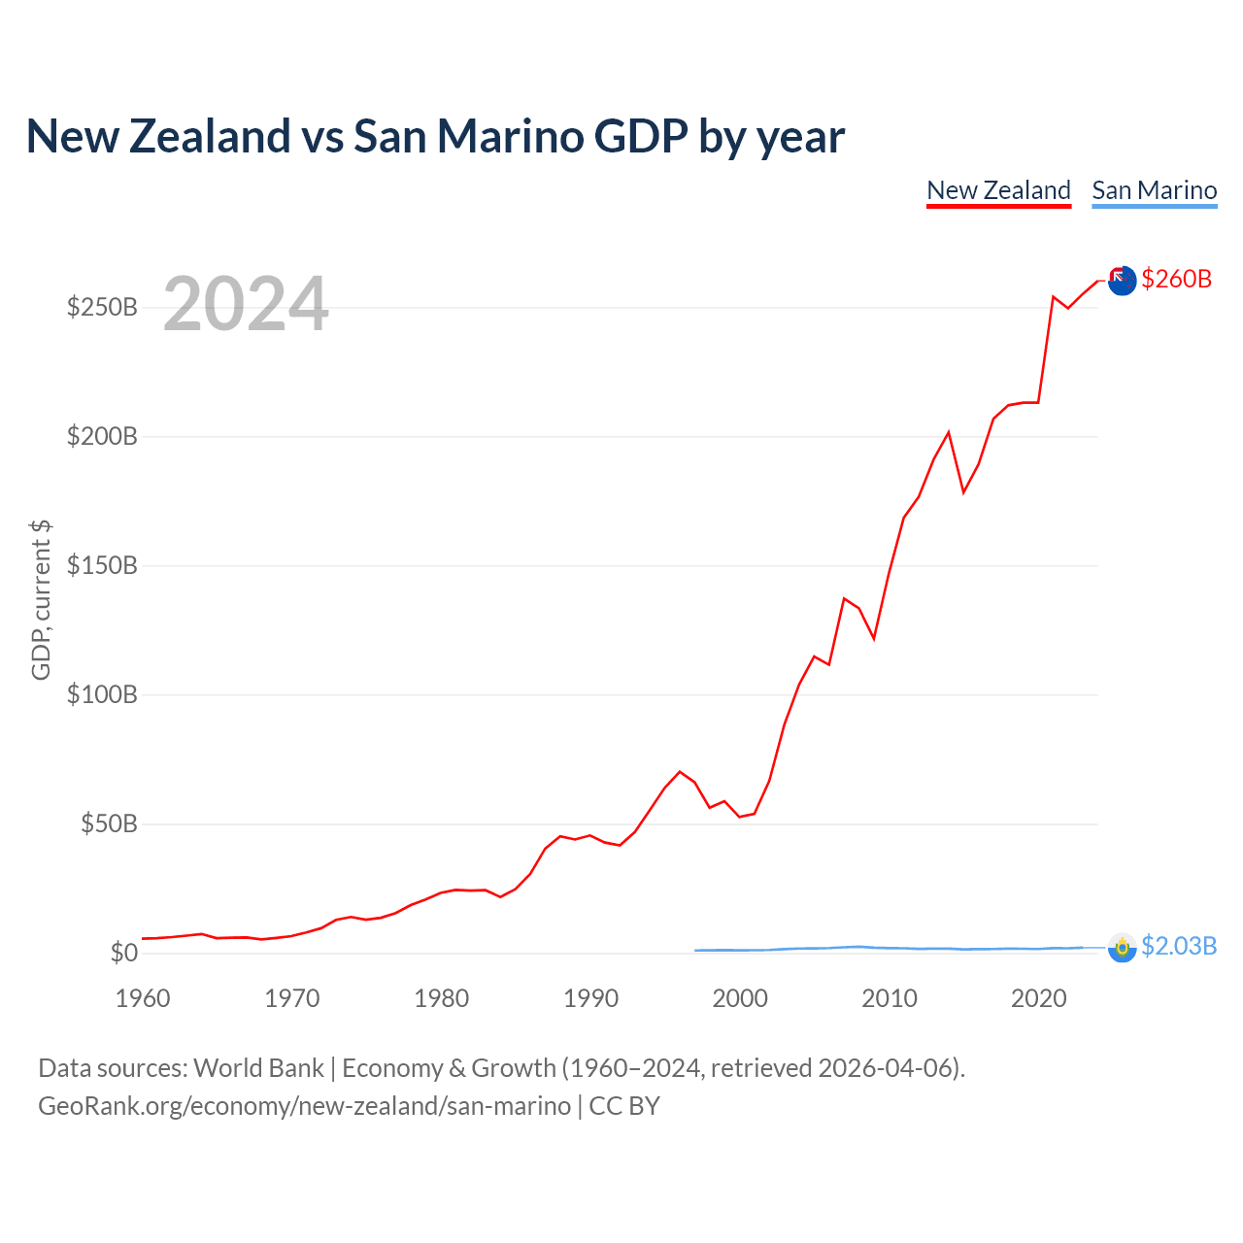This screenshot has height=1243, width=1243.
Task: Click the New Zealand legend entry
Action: click(998, 191)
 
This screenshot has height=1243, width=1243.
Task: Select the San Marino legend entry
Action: click(1154, 191)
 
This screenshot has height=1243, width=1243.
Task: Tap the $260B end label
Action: click(1176, 279)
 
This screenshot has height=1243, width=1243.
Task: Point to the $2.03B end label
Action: click(1179, 946)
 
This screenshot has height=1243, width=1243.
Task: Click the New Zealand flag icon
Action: click(1122, 281)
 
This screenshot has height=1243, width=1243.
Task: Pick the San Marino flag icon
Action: click(1122, 948)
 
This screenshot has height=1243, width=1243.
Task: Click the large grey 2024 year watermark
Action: click(246, 303)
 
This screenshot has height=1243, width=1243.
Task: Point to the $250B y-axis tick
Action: click(102, 307)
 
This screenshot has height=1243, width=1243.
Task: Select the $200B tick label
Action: click(102, 436)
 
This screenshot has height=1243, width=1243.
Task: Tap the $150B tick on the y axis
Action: click(102, 565)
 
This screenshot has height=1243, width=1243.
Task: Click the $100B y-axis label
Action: click(102, 694)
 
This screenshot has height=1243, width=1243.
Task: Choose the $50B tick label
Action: click(109, 823)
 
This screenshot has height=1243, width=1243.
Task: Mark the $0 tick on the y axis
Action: click(124, 952)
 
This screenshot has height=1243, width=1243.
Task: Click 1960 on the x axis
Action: click(143, 998)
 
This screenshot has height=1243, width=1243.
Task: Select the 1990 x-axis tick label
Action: click(590, 998)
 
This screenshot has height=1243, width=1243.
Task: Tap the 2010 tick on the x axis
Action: click(890, 998)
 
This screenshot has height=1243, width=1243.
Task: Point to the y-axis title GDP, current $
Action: click(41, 600)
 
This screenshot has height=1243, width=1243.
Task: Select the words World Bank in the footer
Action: click(258, 1068)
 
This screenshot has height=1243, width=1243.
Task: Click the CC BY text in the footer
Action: click(624, 1106)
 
